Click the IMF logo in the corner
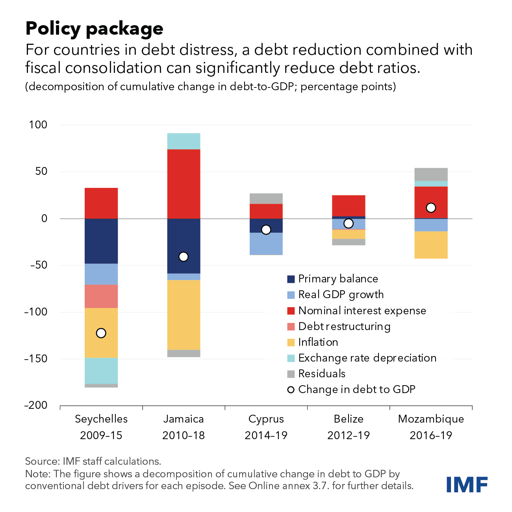click(467, 484)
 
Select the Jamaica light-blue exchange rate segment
click(184, 141)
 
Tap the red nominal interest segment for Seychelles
click(101, 203)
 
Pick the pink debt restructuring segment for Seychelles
click(101, 296)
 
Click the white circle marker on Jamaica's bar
click(184, 257)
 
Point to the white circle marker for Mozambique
click(431, 208)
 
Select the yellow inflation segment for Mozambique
click(431, 245)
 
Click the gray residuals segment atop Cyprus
click(266, 198)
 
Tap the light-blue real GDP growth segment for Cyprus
click(266, 244)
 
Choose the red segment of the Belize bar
click(349, 206)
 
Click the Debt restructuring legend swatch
click(291, 326)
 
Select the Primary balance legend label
click(338, 279)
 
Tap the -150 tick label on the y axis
click(36, 359)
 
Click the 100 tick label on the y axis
click(38, 125)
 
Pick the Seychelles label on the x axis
click(101, 419)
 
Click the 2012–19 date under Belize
click(349, 436)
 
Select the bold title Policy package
click(95, 29)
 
